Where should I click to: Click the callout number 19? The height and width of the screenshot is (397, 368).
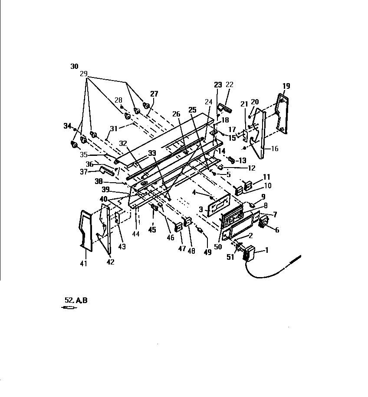point(286,86)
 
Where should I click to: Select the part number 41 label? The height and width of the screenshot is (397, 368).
point(84,263)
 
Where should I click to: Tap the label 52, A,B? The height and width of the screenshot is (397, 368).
point(76,300)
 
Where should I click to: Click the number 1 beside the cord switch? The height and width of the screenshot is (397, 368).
point(267,250)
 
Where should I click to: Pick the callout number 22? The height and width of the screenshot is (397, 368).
point(230,84)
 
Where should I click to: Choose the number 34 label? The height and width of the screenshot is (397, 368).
point(67,126)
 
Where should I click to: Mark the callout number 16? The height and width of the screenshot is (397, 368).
point(274,148)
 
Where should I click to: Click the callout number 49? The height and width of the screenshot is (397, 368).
point(207,252)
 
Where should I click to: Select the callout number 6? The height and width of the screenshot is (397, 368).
point(276,230)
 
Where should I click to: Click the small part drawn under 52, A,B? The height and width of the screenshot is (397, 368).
point(69,308)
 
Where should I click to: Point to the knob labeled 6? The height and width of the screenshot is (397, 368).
point(263,223)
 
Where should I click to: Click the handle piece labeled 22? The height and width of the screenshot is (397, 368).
point(225,107)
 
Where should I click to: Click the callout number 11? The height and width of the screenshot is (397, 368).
point(266,177)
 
